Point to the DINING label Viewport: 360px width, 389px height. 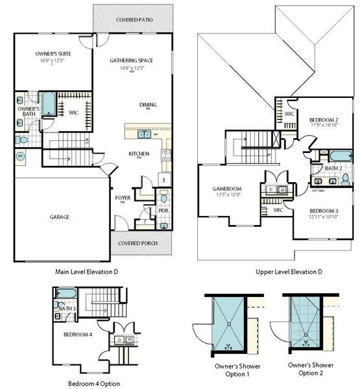click(x=148, y=104)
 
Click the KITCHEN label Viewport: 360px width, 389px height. click(x=139, y=154)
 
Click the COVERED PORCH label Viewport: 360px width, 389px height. click(x=136, y=244)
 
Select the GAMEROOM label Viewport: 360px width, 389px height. click(x=226, y=188)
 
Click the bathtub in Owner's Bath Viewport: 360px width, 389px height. click(x=49, y=106)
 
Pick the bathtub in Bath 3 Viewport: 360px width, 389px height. click(x=66, y=295)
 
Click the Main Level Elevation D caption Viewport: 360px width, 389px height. click(x=86, y=271)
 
